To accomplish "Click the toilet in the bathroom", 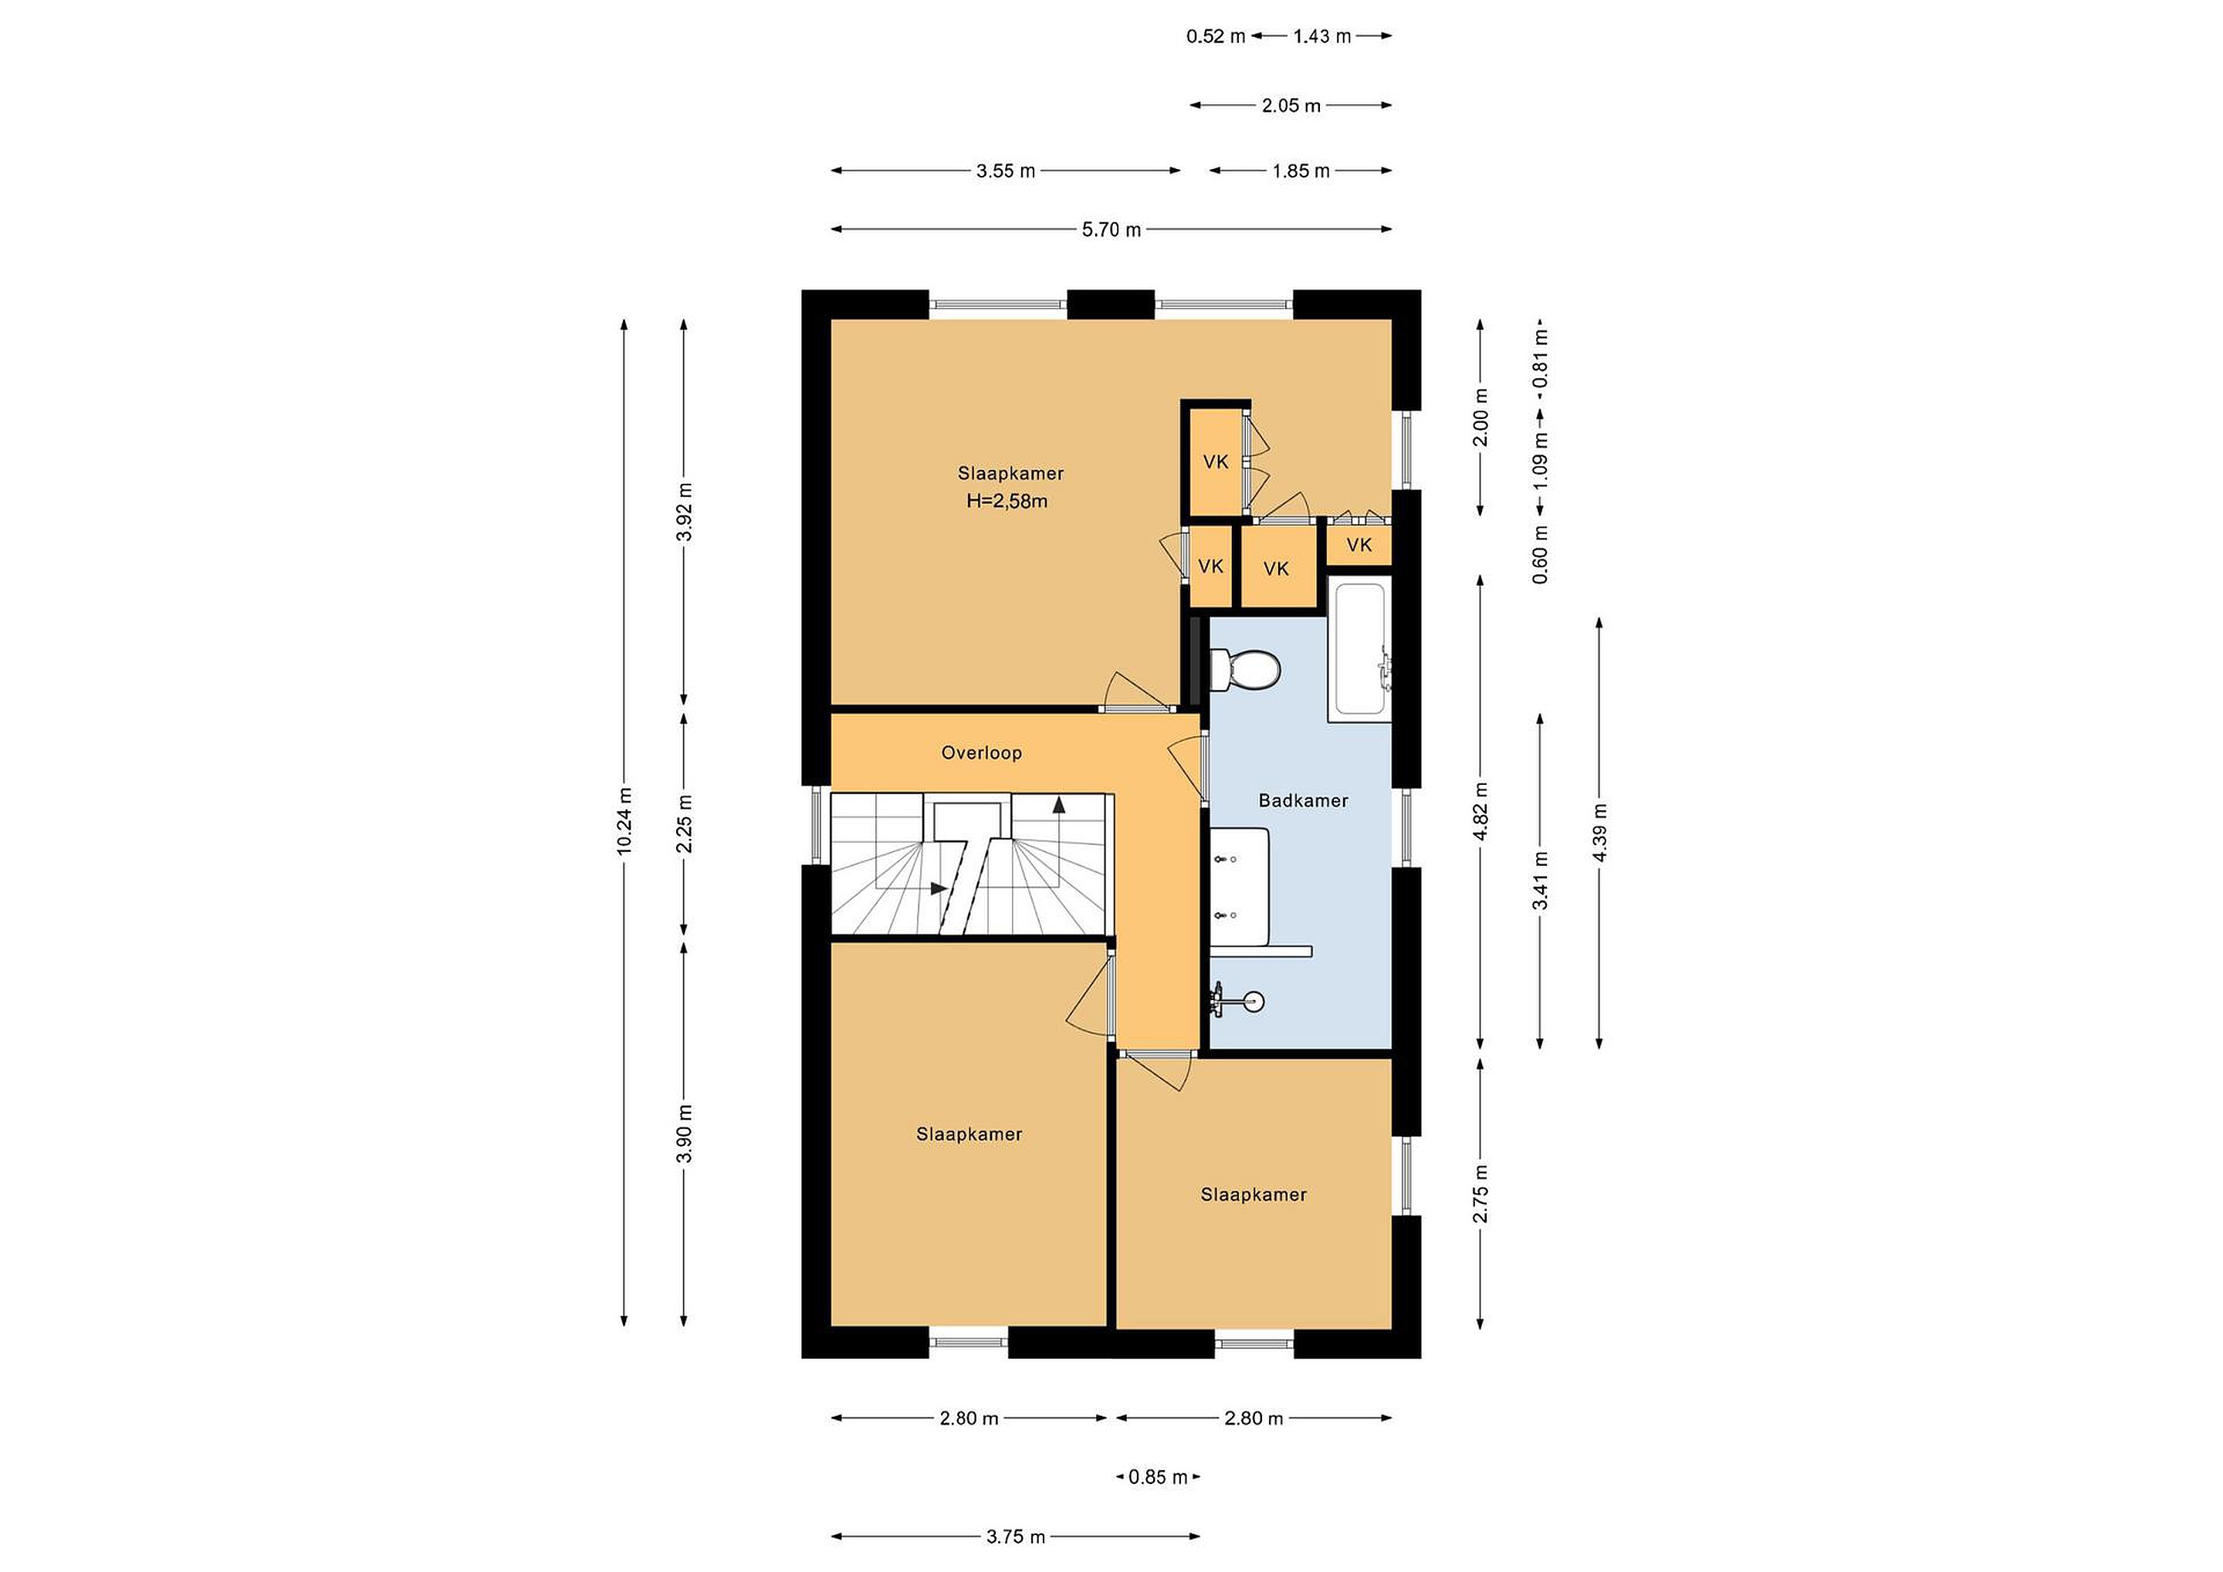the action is point(1245,669).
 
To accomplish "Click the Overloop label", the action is point(982,752).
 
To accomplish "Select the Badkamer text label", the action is point(1303,800).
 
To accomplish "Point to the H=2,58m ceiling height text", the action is point(1007,502).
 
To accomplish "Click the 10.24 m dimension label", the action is point(624,821).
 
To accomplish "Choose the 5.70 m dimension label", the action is point(1111,229).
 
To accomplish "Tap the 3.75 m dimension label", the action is point(1016,1537).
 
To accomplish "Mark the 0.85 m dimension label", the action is point(1158,1477).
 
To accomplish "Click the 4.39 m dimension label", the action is point(1599,833).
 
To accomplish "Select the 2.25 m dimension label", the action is point(685,823).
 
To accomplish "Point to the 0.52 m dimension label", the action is point(1216,37).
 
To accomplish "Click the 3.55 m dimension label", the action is point(1006,171).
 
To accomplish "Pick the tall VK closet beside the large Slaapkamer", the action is point(1216,461).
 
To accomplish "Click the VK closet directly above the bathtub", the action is point(1359,545).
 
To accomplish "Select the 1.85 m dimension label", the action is point(1301,171).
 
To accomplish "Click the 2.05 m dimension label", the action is point(1291,106).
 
